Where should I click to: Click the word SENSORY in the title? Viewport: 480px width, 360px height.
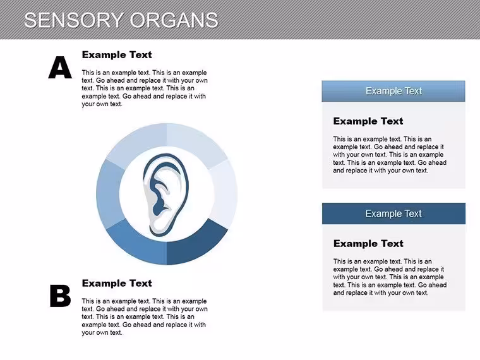[x=73, y=20]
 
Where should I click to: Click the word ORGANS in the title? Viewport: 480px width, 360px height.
[x=174, y=20]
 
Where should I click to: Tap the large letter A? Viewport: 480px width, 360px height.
[x=60, y=68]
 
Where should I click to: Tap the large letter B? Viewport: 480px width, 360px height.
[x=60, y=296]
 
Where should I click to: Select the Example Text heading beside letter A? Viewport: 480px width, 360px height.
[x=117, y=55]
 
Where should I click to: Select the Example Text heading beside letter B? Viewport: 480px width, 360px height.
[x=117, y=283]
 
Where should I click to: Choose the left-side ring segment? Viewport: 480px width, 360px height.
[x=107, y=194]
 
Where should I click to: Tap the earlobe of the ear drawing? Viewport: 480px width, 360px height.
[x=159, y=228]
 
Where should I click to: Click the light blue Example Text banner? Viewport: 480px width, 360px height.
[x=393, y=91]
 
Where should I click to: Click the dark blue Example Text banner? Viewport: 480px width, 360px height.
[x=393, y=213]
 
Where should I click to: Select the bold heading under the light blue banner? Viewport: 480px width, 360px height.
[x=368, y=121]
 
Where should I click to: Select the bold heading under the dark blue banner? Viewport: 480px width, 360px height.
[x=368, y=244]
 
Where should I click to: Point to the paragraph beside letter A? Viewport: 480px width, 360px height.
[x=145, y=88]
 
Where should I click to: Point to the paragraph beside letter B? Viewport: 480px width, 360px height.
[x=145, y=317]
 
